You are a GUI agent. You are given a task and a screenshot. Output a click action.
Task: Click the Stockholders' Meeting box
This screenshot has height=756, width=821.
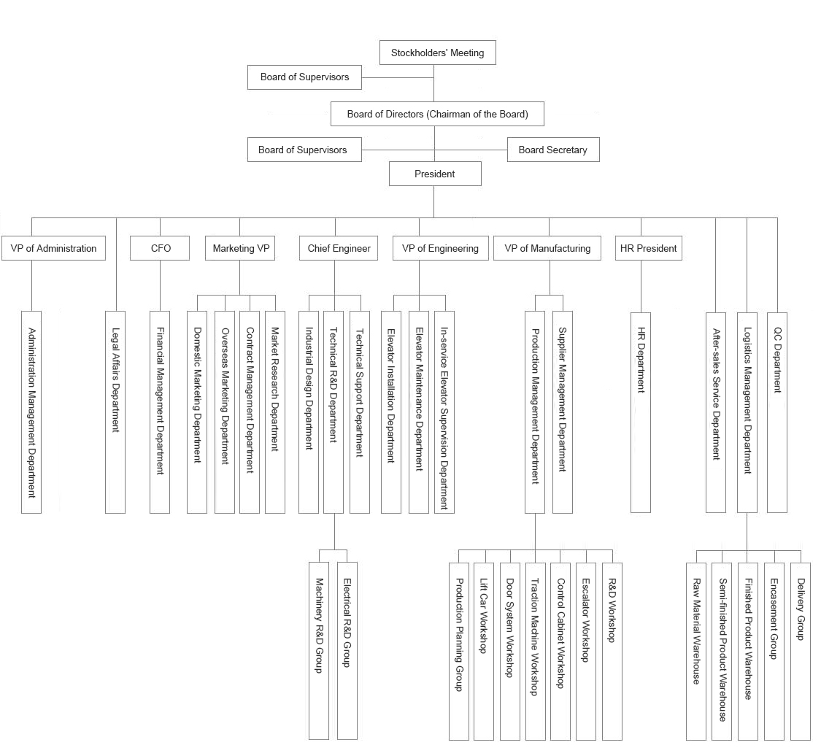tap(437, 53)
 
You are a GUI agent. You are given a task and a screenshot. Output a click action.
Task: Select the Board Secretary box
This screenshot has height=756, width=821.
tap(553, 150)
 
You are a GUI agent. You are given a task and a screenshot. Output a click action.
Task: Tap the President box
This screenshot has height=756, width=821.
tap(435, 174)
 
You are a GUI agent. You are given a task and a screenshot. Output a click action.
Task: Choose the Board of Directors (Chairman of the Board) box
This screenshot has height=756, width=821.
tap(437, 114)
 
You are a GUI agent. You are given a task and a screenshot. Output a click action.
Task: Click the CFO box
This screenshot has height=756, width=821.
tap(160, 248)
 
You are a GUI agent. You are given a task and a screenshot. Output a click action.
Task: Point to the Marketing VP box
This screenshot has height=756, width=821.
tap(240, 248)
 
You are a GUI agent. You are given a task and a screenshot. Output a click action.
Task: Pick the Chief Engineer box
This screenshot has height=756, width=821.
tap(338, 248)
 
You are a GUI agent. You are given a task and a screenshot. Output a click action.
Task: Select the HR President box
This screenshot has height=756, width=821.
tap(648, 248)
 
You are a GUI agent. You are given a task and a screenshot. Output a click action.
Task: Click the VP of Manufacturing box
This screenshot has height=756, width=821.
tap(547, 248)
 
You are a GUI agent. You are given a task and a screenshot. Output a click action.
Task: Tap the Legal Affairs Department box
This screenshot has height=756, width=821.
tap(115, 412)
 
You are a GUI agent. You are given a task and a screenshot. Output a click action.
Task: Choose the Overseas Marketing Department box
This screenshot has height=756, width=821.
tap(225, 412)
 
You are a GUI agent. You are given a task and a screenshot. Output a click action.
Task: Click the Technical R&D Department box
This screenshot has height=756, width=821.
tap(334, 412)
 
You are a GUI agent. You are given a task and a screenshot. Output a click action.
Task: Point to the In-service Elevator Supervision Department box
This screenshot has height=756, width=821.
tap(444, 412)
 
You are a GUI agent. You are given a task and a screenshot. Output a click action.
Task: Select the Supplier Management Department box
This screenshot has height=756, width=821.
tap(563, 412)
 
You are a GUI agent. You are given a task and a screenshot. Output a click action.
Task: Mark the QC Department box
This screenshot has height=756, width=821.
tap(777, 412)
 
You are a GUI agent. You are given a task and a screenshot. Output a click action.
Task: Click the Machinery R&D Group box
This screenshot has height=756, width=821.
tap(319, 651)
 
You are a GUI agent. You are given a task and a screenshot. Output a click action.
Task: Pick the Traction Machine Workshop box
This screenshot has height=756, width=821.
tap(535, 652)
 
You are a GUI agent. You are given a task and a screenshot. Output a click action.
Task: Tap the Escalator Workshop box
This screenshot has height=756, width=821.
tap(586, 652)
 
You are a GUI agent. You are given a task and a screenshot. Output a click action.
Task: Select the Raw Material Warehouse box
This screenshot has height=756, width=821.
tap(696, 652)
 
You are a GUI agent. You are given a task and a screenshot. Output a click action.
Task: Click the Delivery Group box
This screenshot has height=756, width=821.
tap(800, 652)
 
